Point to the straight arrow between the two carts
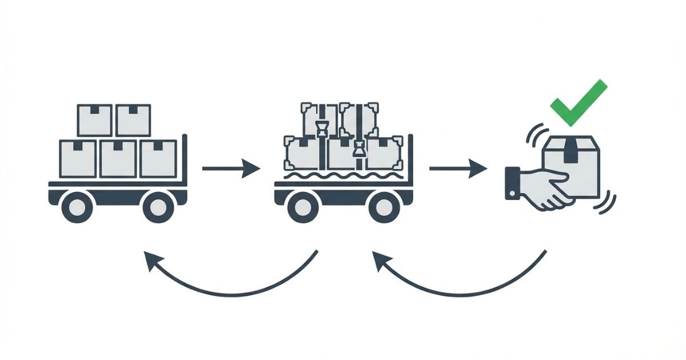231,169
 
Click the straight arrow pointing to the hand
458,169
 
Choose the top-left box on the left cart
94,120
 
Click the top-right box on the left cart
133,120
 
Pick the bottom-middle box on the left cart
118,158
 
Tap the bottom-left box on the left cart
78,158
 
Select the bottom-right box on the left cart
158,158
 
